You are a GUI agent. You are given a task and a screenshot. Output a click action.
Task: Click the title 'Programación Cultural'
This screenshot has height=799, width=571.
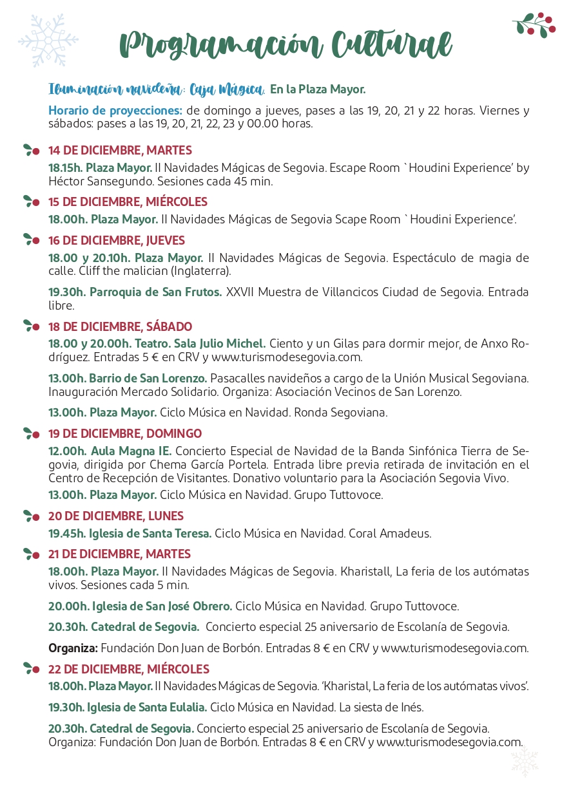click(285, 44)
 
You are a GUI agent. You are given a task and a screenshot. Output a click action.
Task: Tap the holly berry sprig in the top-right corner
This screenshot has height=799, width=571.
click(534, 24)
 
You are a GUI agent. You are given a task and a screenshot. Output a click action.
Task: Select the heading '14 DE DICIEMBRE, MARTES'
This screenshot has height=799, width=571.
click(120, 151)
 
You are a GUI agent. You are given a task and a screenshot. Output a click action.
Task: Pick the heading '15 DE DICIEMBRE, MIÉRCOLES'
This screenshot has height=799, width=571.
click(128, 202)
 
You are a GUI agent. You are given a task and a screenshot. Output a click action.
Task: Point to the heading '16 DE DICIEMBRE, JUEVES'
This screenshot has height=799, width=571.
click(117, 240)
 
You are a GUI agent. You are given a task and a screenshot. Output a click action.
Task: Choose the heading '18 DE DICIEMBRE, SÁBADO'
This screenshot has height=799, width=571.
click(120, 326)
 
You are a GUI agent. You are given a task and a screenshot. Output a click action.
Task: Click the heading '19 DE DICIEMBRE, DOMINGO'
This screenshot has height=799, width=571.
click(125, 433)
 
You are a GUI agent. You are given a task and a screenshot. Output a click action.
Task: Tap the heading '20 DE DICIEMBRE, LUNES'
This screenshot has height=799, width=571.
click(116, 516)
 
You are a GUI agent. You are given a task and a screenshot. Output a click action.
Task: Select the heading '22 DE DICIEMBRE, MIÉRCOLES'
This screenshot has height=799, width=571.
click(129, 669)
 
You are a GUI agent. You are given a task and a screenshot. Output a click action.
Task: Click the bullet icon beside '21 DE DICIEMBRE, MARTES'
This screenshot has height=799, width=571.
click(31, 554)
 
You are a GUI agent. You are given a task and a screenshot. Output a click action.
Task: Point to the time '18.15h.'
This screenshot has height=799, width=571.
click(66, 168)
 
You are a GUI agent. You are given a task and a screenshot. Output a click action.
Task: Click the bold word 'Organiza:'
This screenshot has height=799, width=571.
click(73, 648)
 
